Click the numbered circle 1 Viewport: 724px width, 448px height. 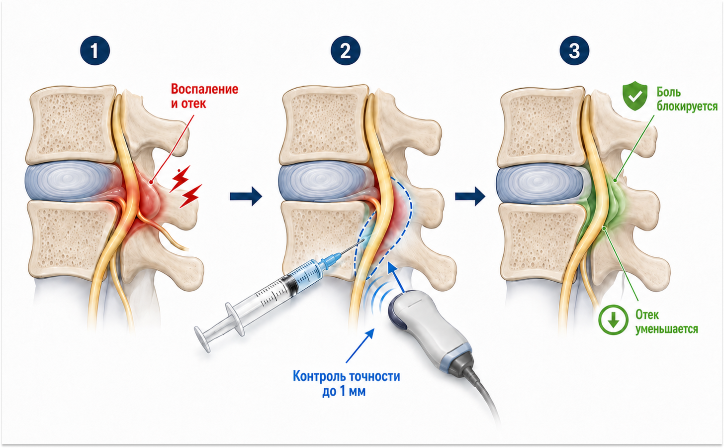coord(95,51)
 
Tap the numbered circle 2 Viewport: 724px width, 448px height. coord(346,51)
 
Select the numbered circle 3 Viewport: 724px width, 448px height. coord(574,51)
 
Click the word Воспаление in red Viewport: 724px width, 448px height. coord(204,89)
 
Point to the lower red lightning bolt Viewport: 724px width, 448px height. coord(191,196)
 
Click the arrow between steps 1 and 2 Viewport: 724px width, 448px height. coord(246,196)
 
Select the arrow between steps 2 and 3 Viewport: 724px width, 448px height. coord(470,196)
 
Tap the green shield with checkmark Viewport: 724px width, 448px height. coord(635,96)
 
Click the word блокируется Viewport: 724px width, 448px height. coord(687,107)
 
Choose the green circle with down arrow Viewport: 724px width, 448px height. coord(613,320)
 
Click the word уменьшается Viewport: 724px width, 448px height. coord(666,329)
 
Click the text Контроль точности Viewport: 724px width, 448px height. coord(346,376)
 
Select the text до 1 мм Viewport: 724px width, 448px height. coord(344,391)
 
